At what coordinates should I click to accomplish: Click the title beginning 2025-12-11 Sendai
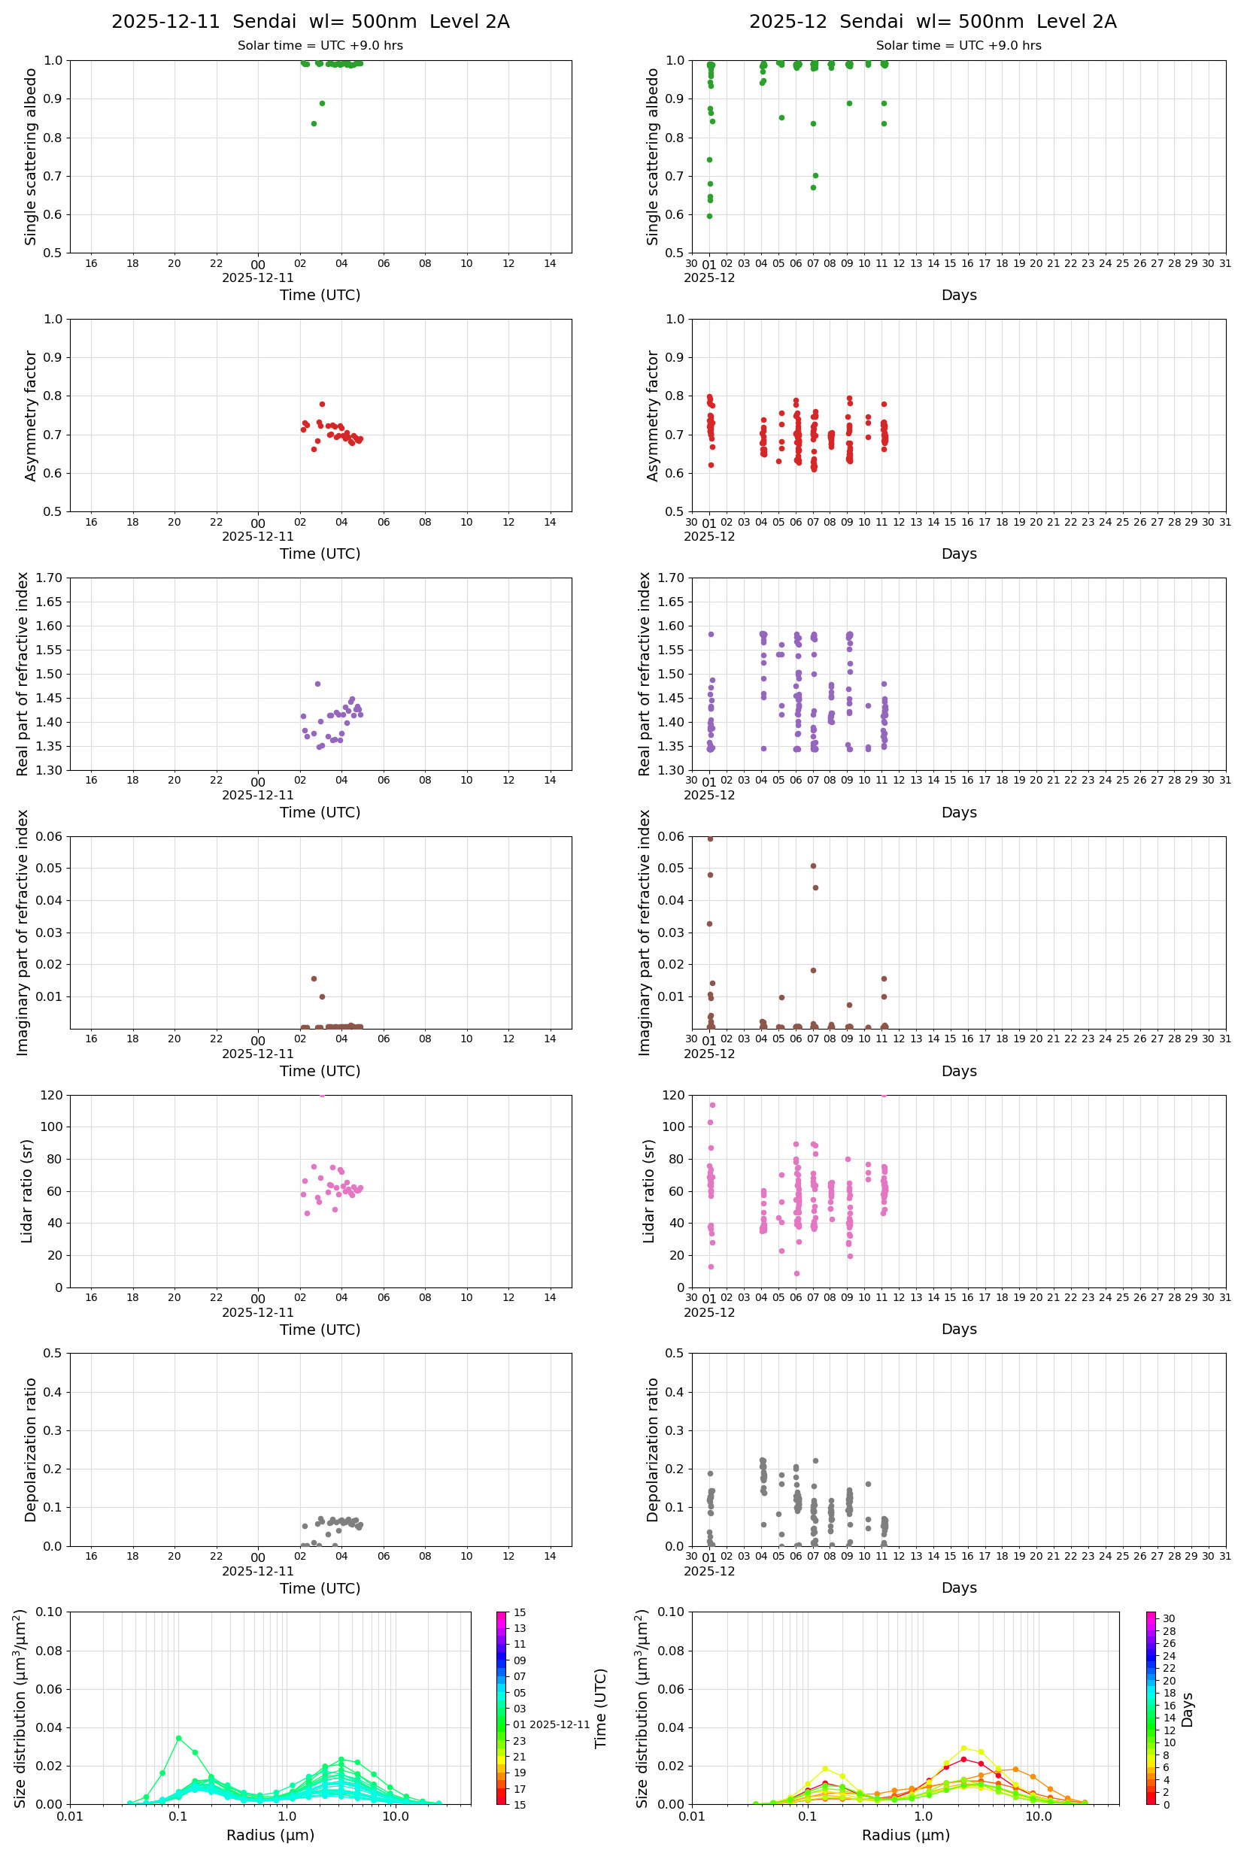(x=310, y=21)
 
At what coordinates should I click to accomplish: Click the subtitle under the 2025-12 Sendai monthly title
(x=958, y=45)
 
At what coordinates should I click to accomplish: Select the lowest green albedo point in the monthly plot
(x=709, y=216)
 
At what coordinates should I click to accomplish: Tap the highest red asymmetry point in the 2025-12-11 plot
(x=322, y=404)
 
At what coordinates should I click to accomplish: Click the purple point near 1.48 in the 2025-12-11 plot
(x=317, y=684)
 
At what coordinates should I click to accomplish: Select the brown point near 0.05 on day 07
(x=813, y=866)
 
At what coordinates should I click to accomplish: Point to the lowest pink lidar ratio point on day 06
(x=796, y=1274)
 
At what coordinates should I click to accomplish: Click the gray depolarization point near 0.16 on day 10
(x=868, y=1484)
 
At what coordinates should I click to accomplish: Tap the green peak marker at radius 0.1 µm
(x=178, y=1738)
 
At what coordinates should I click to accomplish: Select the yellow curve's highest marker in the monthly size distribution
(x=963, y=1748)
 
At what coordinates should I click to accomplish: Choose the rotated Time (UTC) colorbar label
(x=601, y=1709)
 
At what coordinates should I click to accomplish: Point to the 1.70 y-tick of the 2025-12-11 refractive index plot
(x=53, y=578)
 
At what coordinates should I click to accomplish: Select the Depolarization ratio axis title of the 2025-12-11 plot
(x=31, y=1449)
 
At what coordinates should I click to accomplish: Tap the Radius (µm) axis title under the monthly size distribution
(x=906, y=1835)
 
